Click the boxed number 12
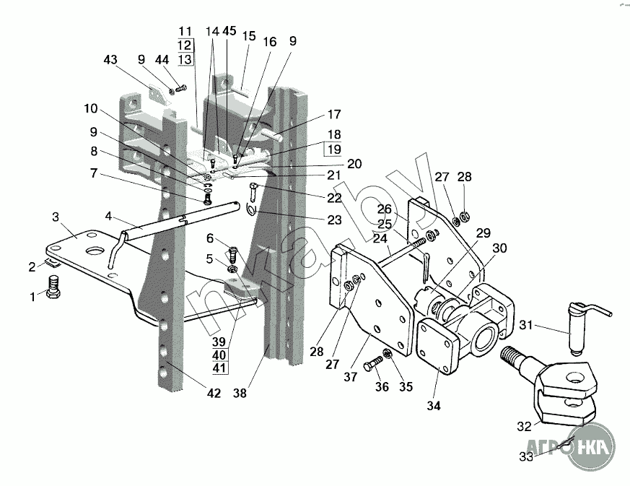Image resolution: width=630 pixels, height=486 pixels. point(185,45)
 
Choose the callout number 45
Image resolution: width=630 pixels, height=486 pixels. point(229,31)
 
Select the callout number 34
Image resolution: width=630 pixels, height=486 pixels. point(434,406)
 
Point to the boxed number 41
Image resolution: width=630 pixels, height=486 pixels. point(220,368)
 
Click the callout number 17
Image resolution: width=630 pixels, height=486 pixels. point(333,114)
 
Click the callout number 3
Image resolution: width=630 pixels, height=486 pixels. point(56,217)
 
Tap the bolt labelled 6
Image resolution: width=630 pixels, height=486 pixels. point(233,254)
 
